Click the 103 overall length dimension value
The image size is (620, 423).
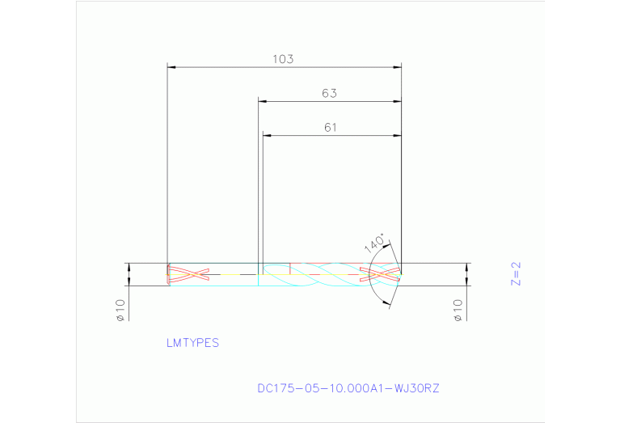pos(283,59)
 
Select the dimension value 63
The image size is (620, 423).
pos(329,93)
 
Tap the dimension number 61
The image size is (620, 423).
pos(330,127)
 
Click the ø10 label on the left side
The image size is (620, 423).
pos(120,309)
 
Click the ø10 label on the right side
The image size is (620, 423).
pos(458,309)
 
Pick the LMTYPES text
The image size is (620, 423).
pos(192,343)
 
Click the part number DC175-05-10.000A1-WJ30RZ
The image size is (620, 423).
pos(348,388)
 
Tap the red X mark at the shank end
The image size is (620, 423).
pos(188,274)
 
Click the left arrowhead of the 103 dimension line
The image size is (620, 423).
pos(171,66)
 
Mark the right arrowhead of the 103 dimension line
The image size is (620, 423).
pos(397,66)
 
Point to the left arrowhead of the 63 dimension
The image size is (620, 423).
pos(263,101)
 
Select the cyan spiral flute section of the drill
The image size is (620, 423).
pos(323,274)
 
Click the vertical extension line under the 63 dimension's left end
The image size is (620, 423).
pos(258,186)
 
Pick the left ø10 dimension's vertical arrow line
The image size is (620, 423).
pos(129,274)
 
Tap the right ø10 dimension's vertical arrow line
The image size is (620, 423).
pos(467,274)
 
